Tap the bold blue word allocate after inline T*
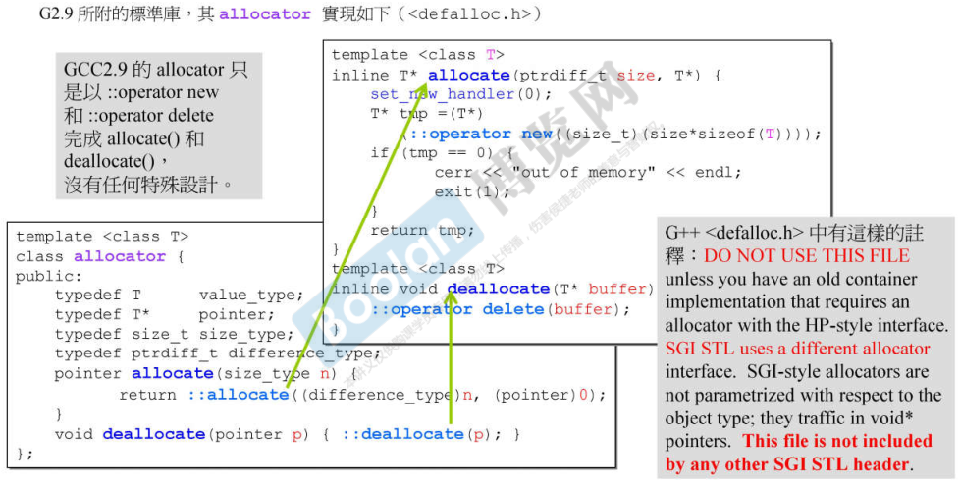coord(468,75)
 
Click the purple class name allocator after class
coord(120,256)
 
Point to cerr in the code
coord(453,172)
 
